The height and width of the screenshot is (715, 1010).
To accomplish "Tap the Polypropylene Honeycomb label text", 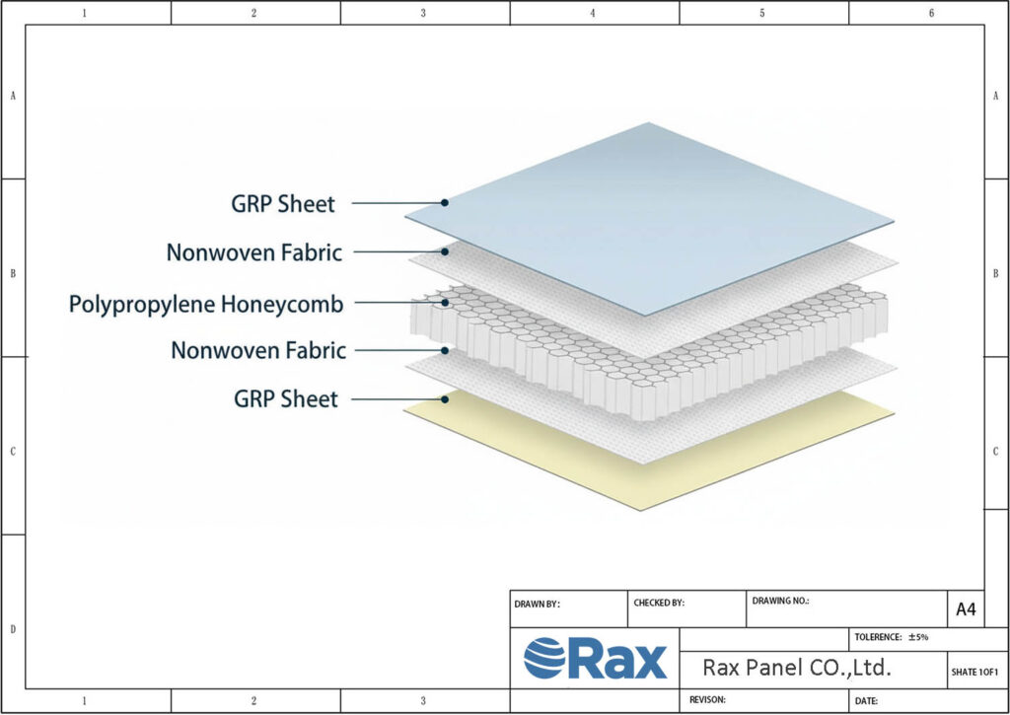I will pyautogui.click(x=206, y=305).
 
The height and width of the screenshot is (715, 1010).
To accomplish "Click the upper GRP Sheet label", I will pyautogui.click(x=283, y=205).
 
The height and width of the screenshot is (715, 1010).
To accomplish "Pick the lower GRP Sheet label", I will pyautogui.click(x=285, y=399).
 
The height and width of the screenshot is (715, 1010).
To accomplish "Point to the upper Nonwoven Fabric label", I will pyautogui.click(x=253, y=252).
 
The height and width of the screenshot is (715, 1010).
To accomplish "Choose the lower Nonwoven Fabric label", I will pyautogui.click(x=258, y=350).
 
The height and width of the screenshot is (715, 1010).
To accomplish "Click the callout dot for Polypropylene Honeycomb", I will pyautogui.click(x=446, y=303).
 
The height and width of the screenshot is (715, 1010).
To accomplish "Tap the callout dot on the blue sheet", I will pyautogui.click(x=446, y=202).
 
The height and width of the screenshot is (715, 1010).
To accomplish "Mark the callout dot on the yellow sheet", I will pyautogui.click(x=446, y=398).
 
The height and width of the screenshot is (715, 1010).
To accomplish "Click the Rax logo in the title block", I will pyautogui.click(x=595, y=658).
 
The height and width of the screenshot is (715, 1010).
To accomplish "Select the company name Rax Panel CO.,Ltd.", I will pyautogui.click(x=796, y=668).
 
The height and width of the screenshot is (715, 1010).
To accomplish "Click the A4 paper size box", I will pyautogui.click(x=966, y=609).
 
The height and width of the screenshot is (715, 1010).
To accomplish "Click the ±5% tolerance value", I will pyautogui.click(x=918, y=637).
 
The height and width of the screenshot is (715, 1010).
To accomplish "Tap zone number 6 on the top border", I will pyautogui.click(x=931, y=13).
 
